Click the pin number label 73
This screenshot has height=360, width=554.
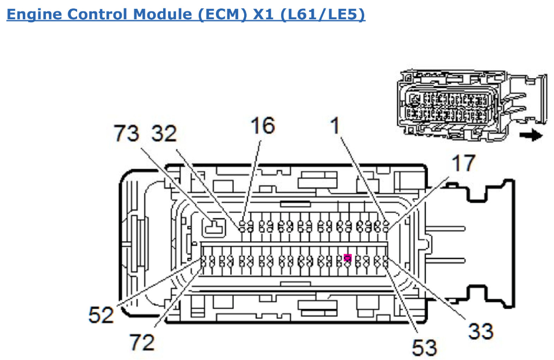[127, 134]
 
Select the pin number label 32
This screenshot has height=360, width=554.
[164, 134]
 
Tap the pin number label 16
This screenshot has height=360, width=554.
[262, 126]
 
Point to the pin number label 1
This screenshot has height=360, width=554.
[336, 126]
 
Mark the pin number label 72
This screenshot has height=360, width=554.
[141, 341]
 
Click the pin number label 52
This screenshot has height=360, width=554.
[101, 315]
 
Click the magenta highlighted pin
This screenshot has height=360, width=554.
[347, 257]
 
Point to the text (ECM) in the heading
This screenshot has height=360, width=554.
[223, 14]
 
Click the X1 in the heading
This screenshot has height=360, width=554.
[265, 14]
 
